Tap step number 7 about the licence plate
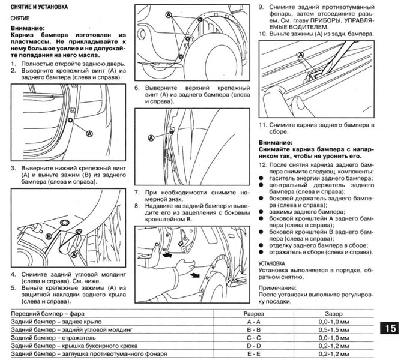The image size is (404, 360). (137, 193)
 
